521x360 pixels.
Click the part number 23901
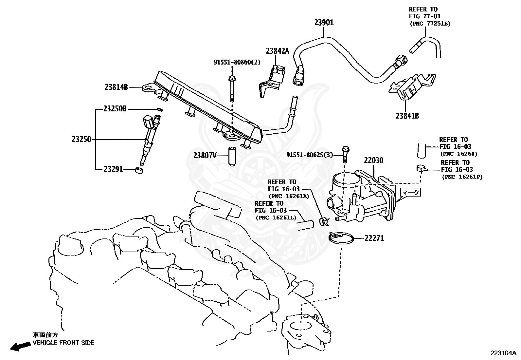(x=324, y=23)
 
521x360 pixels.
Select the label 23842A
(x=278, y=51)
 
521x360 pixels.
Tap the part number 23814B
(x=116, y=87)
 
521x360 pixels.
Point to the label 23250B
(x=115, y=109)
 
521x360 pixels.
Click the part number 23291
(x=113, y=169)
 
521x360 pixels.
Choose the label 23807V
(x=205, y=155)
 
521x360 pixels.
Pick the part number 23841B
(x=407, y=116)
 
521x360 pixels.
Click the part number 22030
(x=373, y=160)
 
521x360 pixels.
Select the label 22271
(x=374, y=238)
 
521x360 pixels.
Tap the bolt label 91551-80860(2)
(x=237, y=62)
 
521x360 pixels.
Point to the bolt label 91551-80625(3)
(x=310, y=155)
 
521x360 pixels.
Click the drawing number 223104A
(x=503, y=353)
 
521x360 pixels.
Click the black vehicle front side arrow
(x=20, y=346)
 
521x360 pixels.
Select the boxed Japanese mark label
(x=410, y=192)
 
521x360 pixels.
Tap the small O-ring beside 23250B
(x=160, y=110)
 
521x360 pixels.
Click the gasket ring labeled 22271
(x=341, y=238)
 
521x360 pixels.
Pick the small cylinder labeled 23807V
(x=231, y=156)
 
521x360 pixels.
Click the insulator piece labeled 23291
(x=139, y=170)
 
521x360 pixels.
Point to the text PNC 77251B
(x=430, y=24)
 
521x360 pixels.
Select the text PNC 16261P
(x=462, y=177)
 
